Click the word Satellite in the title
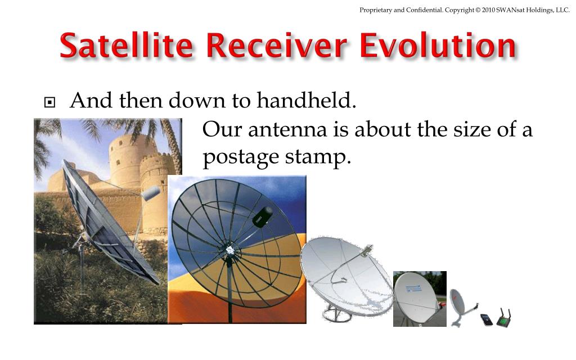coord(126,46)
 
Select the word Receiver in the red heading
coord(276,46)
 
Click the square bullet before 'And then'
coord(49,102)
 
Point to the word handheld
coord(307,100)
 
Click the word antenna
coord(287,130)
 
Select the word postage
coord(241,158)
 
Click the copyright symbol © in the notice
coord(478,10)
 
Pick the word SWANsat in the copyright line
coord(511,10)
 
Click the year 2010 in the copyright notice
coord(489,10)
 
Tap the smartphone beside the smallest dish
coord(487,319)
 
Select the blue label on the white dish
coord(413,288)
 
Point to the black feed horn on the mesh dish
coord(263,217)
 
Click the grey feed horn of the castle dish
coord(151,193)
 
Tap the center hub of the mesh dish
coord(230,250)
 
